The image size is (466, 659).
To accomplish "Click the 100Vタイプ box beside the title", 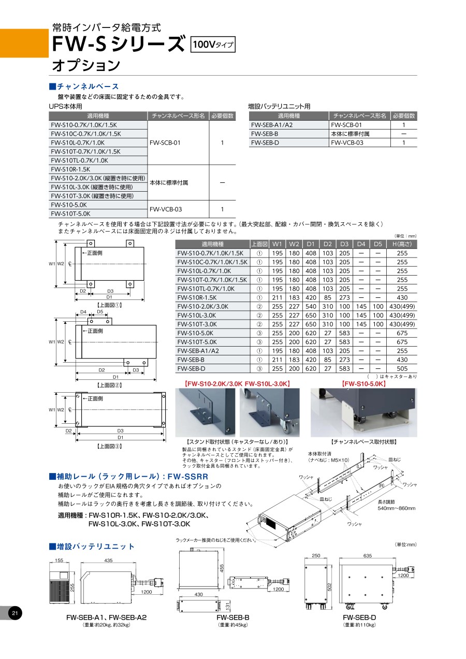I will pyautogui.click(x=213, y=45).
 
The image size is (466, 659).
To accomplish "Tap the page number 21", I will pyautogui.click(x=14, y=614).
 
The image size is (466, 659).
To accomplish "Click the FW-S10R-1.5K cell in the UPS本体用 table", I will pyautogui.click(x=70, y=169).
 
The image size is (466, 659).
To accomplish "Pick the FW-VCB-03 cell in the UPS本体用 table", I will pyautogui.click(x=165, y=209).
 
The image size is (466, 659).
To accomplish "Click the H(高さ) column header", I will pyautogui.click(x=402, y=244).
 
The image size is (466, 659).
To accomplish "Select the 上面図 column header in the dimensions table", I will pyautogui.click(x=259, y=244).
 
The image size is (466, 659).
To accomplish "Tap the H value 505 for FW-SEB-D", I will pyautogui.click(x=402, y=368).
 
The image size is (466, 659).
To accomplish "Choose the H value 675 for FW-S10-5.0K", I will pyautogui.click(x=402, y=333).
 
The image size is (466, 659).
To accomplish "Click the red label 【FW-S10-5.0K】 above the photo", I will pyautogui.click(x=363, y=384).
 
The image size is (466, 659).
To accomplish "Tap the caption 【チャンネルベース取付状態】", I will pyautogui.click(x=363, y=442).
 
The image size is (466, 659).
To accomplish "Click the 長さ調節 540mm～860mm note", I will pyautogui.click(x=396, y=505).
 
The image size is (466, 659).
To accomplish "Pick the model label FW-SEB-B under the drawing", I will pyautogui.click(x=232, y=618).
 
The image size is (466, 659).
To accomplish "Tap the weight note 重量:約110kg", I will pyautogui.click(x=359, y=625).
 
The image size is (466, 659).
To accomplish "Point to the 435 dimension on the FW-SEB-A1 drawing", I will pyautogui.click(x=108, y=561).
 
